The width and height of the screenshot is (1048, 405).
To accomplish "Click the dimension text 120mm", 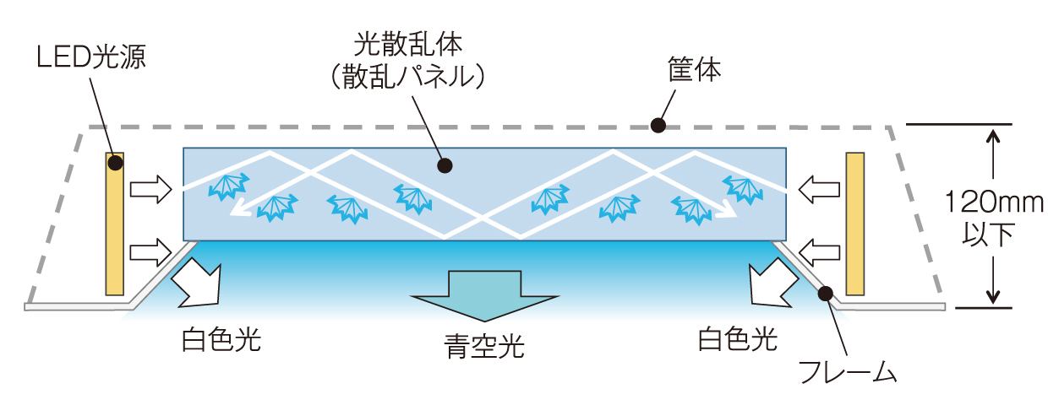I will point(994,202).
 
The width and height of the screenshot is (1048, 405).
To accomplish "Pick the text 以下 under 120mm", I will point(994,235).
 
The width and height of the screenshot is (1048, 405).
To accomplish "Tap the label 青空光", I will point(484,346).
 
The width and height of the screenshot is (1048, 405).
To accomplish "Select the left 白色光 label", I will point(221,340).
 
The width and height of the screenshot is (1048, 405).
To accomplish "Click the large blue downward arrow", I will point(484,295).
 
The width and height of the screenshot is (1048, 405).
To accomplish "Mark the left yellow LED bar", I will point(115,224).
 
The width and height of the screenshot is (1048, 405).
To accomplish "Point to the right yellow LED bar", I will point(855,224).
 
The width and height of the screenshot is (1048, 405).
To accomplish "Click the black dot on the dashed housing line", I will point(658,127).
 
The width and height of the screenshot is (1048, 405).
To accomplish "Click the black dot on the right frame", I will point(826,293).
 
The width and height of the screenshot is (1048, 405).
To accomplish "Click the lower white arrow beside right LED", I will point(817,251).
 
